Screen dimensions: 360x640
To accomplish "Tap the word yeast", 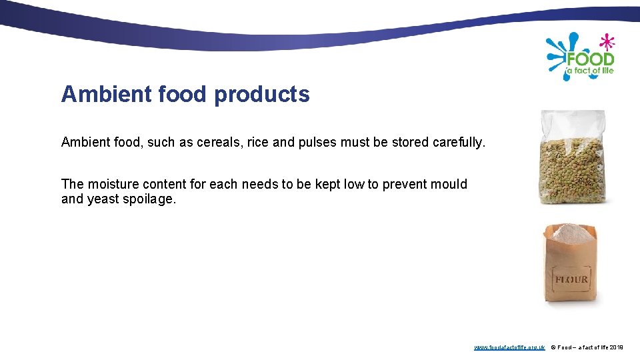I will point(103,199).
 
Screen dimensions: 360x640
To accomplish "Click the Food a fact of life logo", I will point(581,57).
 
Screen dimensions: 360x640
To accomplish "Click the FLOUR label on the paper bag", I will point(572,279).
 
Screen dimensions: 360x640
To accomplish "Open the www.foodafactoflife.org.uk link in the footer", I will point(509,347).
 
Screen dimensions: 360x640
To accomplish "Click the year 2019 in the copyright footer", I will point(616,347).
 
